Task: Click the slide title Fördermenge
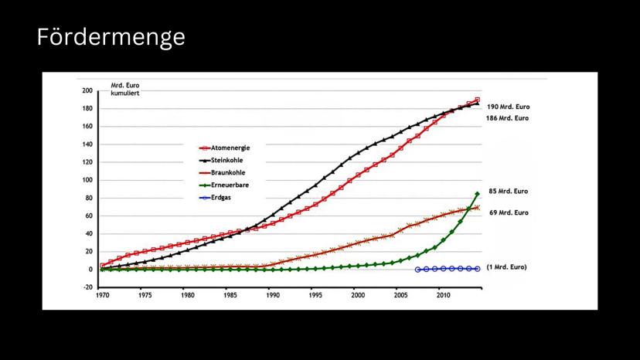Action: pyautogui.click(x=111, y=37)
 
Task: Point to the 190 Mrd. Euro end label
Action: pyautogui.click(x=508, y=107)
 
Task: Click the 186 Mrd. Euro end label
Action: pyautogui.click(x=508, y=118)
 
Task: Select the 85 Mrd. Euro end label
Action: pyautogui.click(x=509, y=191)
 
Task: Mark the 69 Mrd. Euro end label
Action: pyautogui.click(x=509, y=212)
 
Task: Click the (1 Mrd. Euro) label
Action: pyautogui.click(x=507, y=267)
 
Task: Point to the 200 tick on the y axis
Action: pyautogui.click(x=87, y=90)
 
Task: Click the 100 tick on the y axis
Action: pyautogui.click(x=87, y=180)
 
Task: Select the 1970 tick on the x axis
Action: pyautogui.click(x=101, y=295)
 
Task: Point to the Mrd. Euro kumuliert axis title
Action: pyautogui.click(x=125, y=88)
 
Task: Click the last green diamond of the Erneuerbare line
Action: pyautogui.click(x=478, y=193)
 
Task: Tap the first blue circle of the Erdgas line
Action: pyautogui.click(x=417, y=270)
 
